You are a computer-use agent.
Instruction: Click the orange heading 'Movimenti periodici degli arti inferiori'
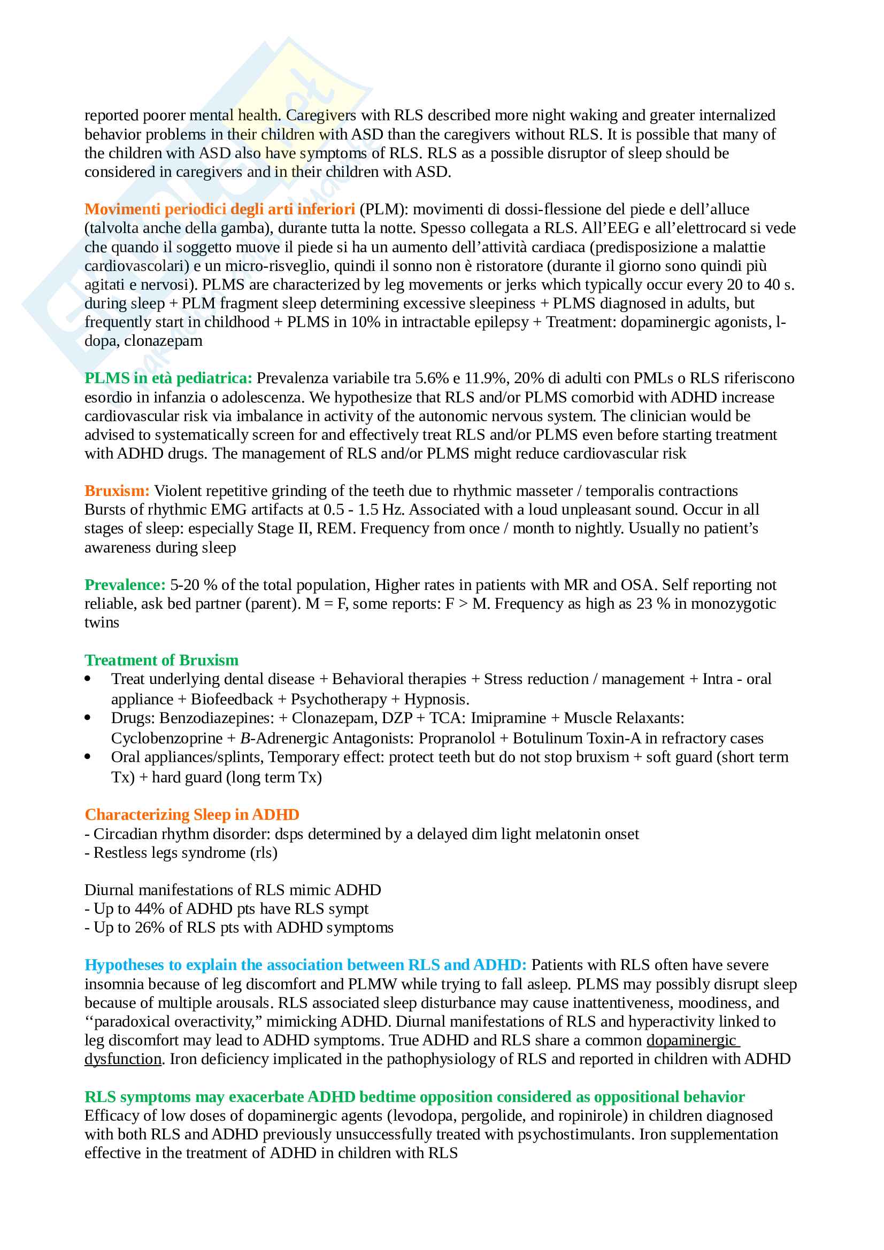[x=219, y=209]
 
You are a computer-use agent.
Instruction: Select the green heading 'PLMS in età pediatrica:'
[x=168, y=378]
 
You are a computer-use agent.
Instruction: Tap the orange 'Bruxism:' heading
[x=117, y=491]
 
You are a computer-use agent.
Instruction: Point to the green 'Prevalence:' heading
[x=125, y=585]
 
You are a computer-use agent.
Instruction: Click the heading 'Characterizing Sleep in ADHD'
[x=192, y=814]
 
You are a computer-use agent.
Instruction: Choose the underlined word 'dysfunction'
[x=123, y=1059]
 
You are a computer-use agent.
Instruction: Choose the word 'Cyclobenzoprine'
[x=167, y=738]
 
